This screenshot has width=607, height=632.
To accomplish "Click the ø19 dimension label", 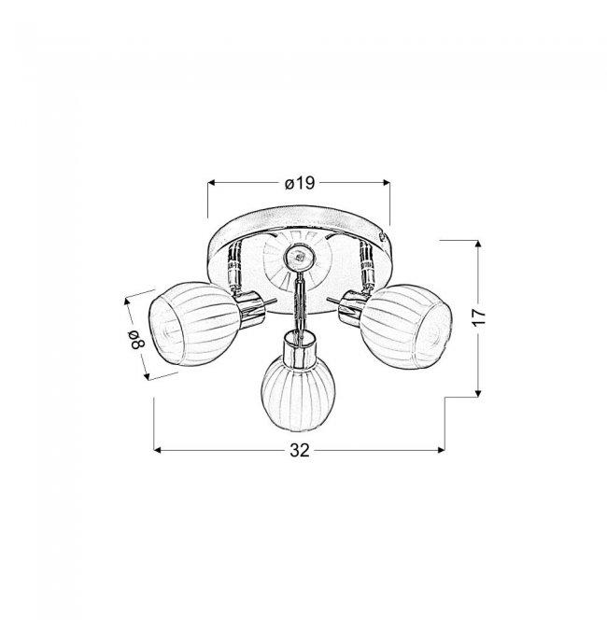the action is (299, 183).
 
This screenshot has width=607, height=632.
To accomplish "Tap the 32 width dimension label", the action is (300, 450).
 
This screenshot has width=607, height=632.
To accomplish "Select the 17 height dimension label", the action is (479, 316).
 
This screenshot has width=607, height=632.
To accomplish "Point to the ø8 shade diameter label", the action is (136, 339).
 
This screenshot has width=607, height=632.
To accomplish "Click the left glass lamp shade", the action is (193, 325).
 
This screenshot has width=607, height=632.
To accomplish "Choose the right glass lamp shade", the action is (405, 327).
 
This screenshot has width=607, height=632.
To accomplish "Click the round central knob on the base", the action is (299, 257).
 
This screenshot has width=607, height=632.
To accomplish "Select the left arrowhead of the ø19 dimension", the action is (212, 183).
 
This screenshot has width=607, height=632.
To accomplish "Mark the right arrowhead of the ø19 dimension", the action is (386, 183).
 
